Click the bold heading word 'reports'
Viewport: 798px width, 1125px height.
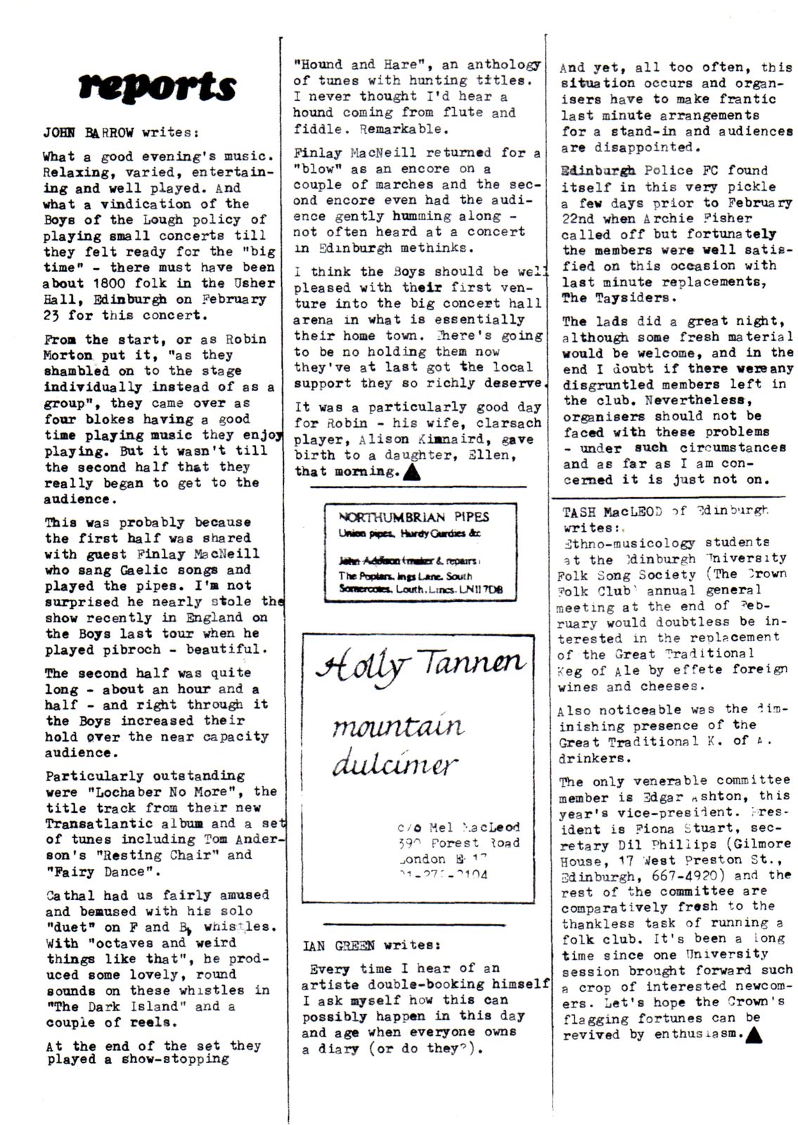(x=157, y=86)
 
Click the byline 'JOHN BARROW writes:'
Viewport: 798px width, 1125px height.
(x=121, y=131)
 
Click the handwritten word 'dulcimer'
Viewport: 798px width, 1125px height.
(x=394, y=764)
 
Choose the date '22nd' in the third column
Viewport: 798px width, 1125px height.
(x=577, y=218)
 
